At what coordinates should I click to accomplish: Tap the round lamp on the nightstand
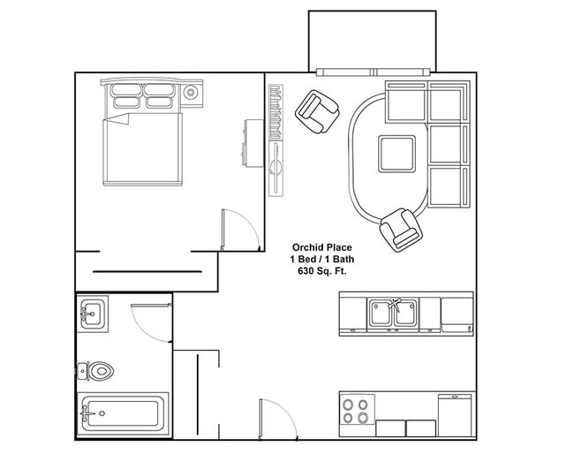point(191,91)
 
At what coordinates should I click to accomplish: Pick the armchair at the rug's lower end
point(400,229)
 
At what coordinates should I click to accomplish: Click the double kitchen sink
point(392,313)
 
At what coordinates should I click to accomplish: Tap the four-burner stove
point(357,412)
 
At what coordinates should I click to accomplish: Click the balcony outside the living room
point(372,41)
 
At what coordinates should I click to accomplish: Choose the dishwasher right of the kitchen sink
point(457,313)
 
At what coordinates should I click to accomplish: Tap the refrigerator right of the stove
point(456,415)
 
